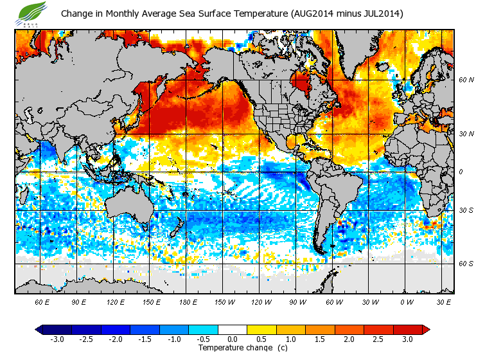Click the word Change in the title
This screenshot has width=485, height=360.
pyautogui.click(x=76, y=14)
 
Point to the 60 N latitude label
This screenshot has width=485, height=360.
pyautogui.click(x=466, y=80)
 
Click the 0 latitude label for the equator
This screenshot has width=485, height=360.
pyautogui.click(x=462, y=172)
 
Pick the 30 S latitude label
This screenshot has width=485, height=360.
pyautogui.click(x=466, y=210)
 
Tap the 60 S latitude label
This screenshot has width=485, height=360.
pyautogui.click(x=466, y=264)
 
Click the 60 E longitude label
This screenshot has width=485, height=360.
pyautogui.click(x=42, y=301)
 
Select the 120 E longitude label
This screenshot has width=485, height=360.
pyautogui.click(x=116, y=301)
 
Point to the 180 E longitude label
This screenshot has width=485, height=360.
pyautogui.click(x=188, y=301)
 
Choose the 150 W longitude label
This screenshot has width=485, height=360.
pyautogui.click(x=224, y=301)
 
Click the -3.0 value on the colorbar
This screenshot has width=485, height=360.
pyautogui.click(x=57, y=339)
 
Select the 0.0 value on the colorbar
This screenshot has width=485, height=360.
pyautogui.click(x=232, y=339)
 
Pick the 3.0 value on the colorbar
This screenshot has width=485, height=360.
pyautogui.click(x=407, y=339)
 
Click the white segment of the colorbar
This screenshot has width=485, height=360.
pyautogui.click(x=232, y=329)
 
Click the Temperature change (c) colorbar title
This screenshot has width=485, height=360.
pyautogui.click(x=233, y=348)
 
